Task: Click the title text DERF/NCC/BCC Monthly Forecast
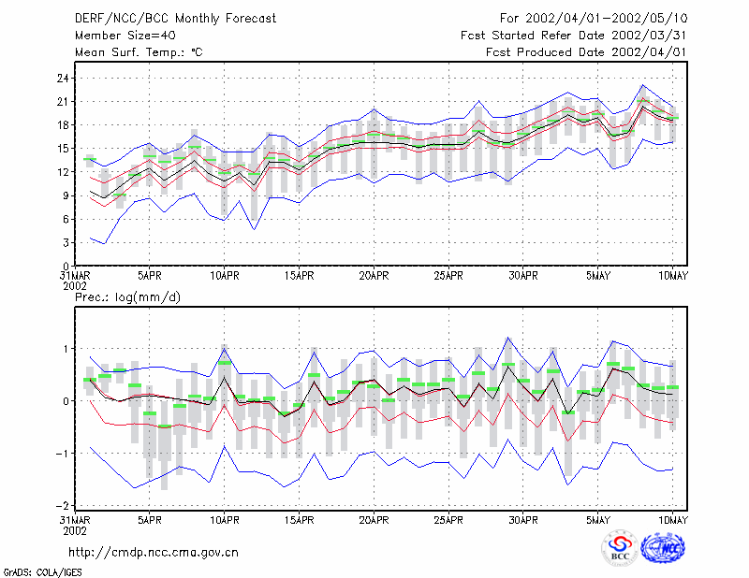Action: coord(175,19)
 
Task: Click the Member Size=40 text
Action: coord(125,36)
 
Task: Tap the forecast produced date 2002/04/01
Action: coord(649,52)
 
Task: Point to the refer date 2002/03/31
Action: coord(649,36)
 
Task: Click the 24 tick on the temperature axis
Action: coord(63,79)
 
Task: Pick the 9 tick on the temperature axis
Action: coord(66,195)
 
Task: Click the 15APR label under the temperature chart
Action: coord(299,276)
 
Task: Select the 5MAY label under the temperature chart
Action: coord(598,276)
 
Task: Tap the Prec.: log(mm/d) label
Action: coord(127,297)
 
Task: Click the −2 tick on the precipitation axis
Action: coord(62,505)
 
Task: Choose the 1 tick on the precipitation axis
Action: coord(66,349)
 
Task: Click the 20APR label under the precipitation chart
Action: coord(374,520)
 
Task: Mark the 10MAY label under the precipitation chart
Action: coord(672,520)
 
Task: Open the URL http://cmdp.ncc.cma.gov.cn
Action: coord(154,553)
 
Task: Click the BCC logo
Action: coord(620,549)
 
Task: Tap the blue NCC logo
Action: coord(663,548)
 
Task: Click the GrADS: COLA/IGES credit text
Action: coord(42,572)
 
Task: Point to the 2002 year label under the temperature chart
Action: coord(75,286)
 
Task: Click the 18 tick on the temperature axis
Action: coord(63,125)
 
